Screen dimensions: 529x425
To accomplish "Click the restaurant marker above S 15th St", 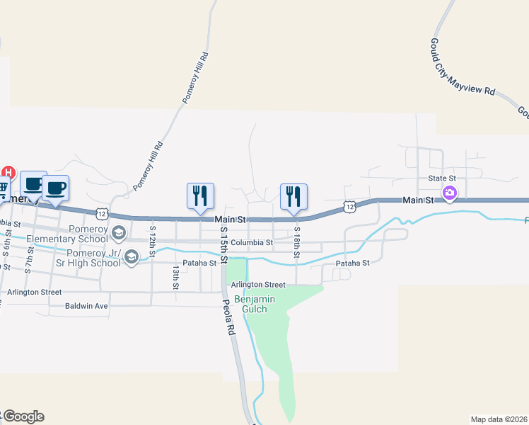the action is [x=200, y=195].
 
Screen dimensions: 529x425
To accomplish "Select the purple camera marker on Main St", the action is [x=449, y=193].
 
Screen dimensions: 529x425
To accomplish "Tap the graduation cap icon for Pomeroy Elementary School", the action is [x=119, y=232].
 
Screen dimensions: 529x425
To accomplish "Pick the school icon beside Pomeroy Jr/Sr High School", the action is [x=131, y=259].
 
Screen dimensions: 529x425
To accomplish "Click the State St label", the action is [x=443, y=178].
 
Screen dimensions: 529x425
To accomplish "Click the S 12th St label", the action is [x=152, y=240].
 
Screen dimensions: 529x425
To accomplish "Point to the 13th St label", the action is [x=175, y=277].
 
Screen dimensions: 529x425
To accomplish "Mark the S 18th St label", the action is [x=297, y=242].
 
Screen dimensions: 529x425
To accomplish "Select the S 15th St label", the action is [x=223, y=244].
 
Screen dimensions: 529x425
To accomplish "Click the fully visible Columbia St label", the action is [x=251, y=242].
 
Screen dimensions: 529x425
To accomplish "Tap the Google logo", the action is [x=23, y=416].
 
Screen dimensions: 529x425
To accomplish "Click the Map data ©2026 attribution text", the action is [x=499, y=419].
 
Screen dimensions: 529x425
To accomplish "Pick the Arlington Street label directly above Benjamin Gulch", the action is [x=257, y=285].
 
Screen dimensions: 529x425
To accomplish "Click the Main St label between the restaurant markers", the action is [x=231, y=220].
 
